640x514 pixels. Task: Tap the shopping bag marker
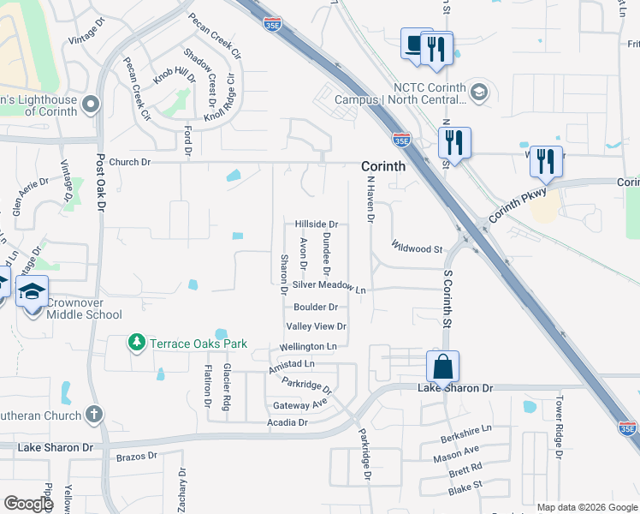[x=443, y=367]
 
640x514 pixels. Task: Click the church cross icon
[x=94, y=415]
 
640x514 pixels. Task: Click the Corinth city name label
[x=382, y=166]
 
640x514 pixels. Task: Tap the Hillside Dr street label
[x=317, y=224]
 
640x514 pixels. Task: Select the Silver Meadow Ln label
[x=329, y=288]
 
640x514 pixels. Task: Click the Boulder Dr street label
[x=316, y=307]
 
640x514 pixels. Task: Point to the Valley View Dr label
[x=316, y=326]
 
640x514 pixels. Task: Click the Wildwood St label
[x=417, y=248]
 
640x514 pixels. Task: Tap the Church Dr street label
[x=129, y=162]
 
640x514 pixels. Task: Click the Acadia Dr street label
[x=287, y=422]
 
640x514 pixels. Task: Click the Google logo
[x=28, y=504]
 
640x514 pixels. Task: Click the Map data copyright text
[x=586, y=507]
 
